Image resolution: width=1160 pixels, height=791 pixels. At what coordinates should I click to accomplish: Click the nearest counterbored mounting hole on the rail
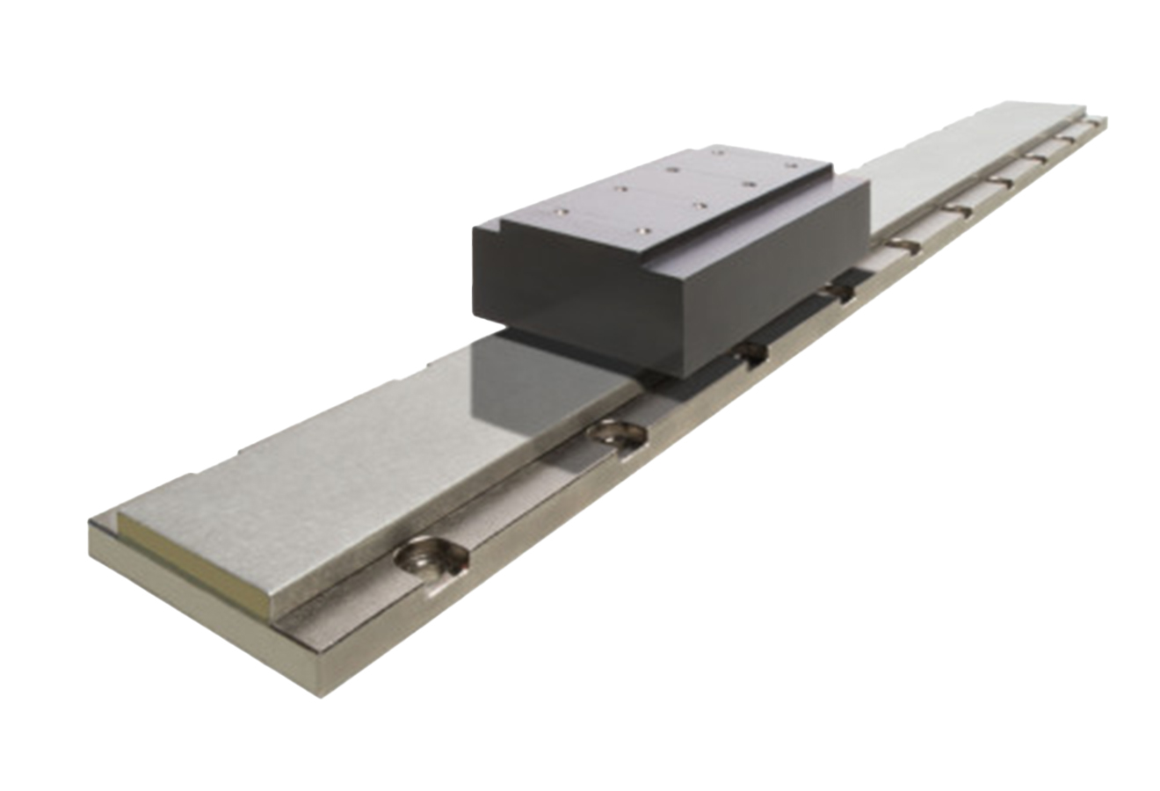430,555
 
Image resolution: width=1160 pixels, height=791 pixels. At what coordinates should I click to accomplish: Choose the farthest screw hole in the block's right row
790,164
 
